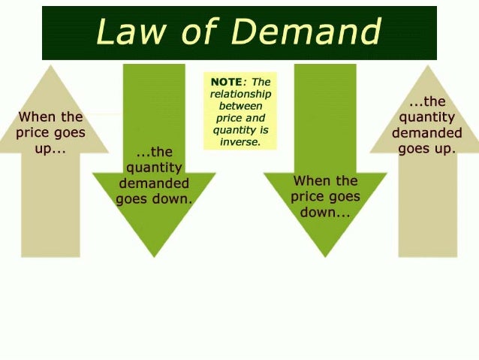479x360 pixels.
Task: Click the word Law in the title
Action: tap(127, 32)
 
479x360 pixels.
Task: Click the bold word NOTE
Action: tap(225, 82)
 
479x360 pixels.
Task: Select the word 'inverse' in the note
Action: tap(239, 141)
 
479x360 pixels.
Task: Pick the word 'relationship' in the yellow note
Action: tap(240, 94)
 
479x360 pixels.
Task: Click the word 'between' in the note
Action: tap(240, 106)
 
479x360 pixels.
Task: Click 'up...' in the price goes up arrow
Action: tap(50, 150)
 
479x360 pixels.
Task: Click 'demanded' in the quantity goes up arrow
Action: tap(427, 133)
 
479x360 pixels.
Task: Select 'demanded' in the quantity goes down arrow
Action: tap(154, 184)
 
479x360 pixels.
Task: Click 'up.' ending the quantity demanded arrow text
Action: tap(443, 149)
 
